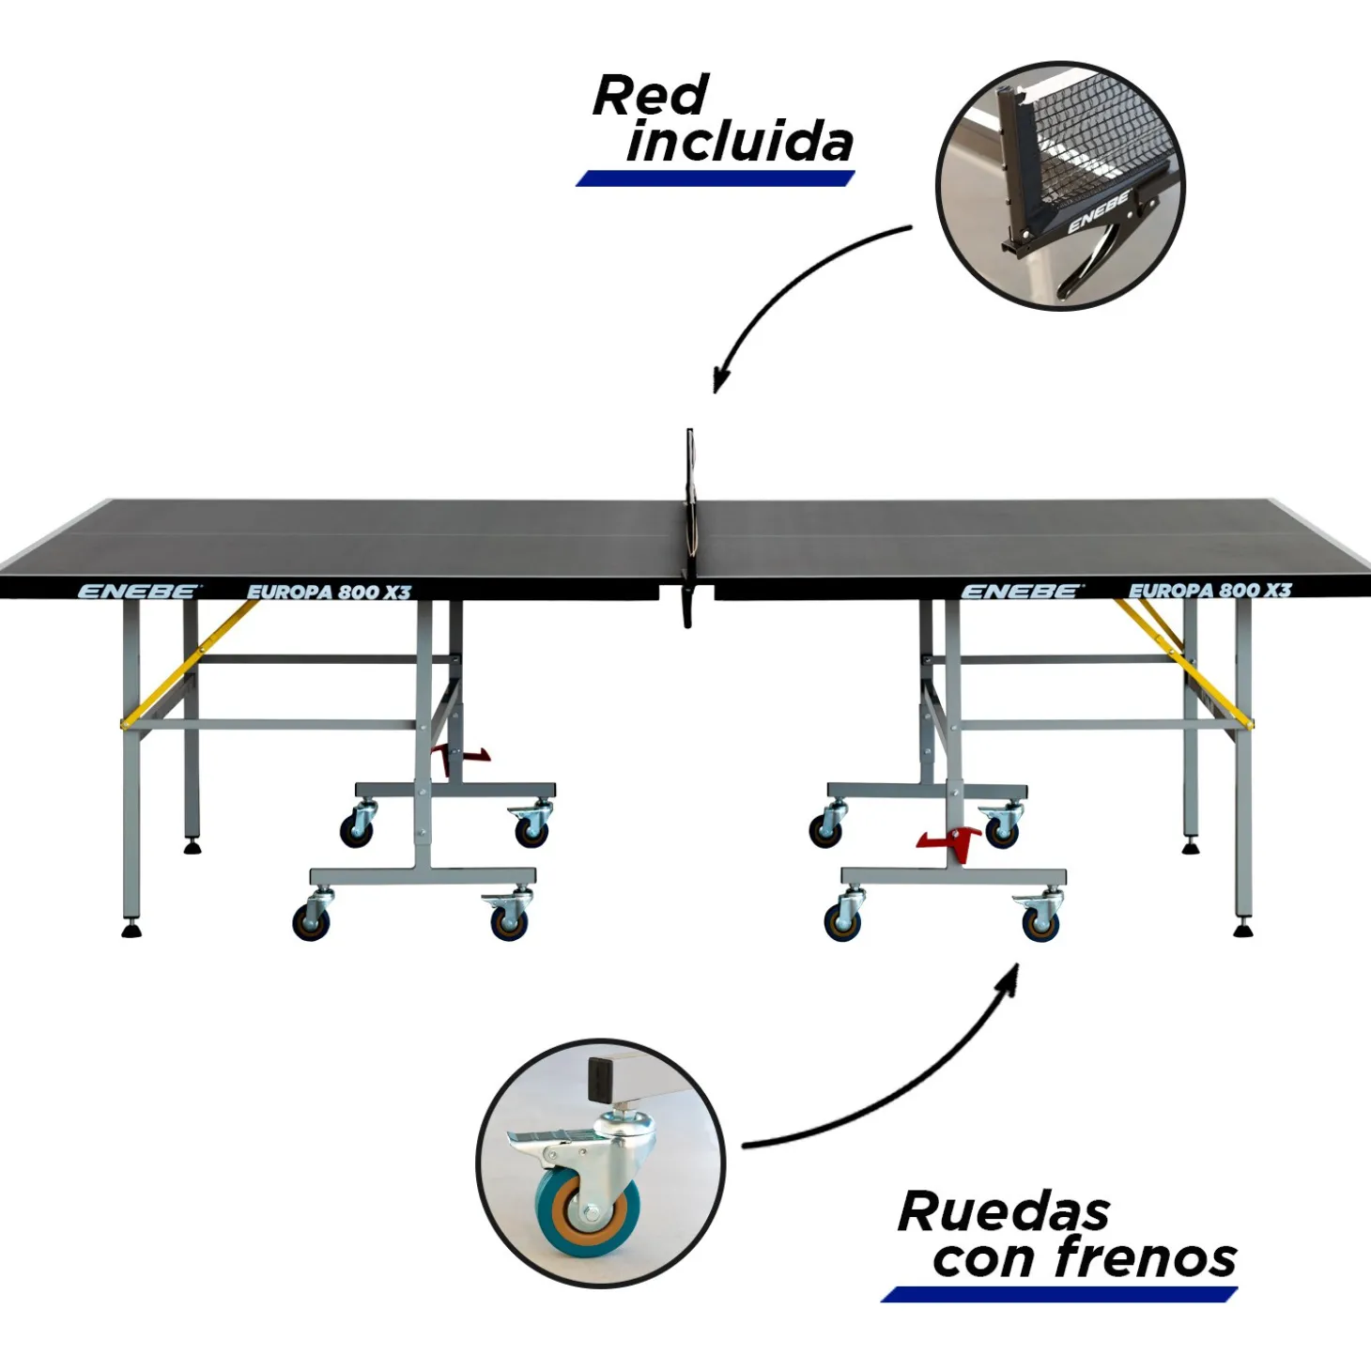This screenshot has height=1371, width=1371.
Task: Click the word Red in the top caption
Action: tap(650, 96)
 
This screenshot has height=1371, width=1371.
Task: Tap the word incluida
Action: tap(740, 143)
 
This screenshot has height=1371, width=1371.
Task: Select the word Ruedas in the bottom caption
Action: tap(1003, 1211)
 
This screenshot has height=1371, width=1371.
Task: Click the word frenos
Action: tap(1146, 1258)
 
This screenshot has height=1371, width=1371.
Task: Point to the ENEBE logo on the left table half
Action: tap(138, 592)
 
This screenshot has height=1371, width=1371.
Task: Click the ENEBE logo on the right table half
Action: tap(1021, 592)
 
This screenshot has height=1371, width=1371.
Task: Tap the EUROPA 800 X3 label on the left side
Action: tap(329, 592)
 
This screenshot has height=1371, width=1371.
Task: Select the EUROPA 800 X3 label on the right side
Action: tap(1209, 591)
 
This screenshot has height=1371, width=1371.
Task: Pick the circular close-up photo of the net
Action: tap(1060, 185)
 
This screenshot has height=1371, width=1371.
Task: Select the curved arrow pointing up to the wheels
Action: tap(901, 1089)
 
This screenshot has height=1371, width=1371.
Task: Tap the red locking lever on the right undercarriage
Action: tap(950, 839)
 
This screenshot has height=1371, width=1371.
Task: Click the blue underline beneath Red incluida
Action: tap(715, 178)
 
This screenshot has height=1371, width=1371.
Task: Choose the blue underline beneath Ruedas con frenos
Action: tap(1058, 1295)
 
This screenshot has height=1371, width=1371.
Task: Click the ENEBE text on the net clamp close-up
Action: tap(1098, 212)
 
